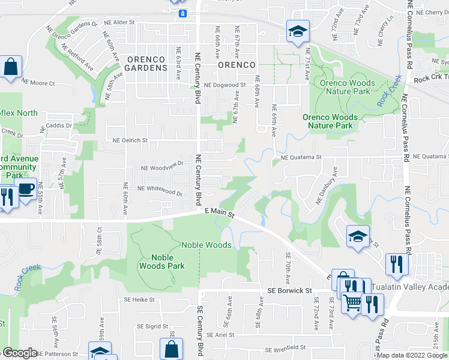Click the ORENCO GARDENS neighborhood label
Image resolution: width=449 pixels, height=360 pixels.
pyautogui.click(x=146, y=64)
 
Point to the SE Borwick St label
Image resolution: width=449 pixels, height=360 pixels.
pyautogui.click(x=290, y=291)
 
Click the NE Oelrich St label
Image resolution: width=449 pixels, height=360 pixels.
pyautogui.click(x=130, y=140)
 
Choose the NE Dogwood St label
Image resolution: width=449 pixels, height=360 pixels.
pyautogui.click(x=225, y=86)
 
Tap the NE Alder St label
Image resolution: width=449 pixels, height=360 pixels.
pyautogui.click(x=118, y=22)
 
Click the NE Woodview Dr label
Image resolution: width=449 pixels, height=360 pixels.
pyautogui.click(x=162, y=167)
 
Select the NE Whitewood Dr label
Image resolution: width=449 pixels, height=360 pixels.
pyautogui.click(x=160, y=190)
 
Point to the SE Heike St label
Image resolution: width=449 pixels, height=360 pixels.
pyautogui.click(x=139, y=299)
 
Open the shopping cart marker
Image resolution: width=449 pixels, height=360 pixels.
pyautogui.click(x=352, y=302)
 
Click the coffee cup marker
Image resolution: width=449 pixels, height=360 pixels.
pyautogui.click(x=25, y=188)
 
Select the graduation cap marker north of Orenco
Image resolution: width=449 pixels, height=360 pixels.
pyautogui.click(x=297, y=32)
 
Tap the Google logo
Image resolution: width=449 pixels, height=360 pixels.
pyautogui.click(x=20, y=353)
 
